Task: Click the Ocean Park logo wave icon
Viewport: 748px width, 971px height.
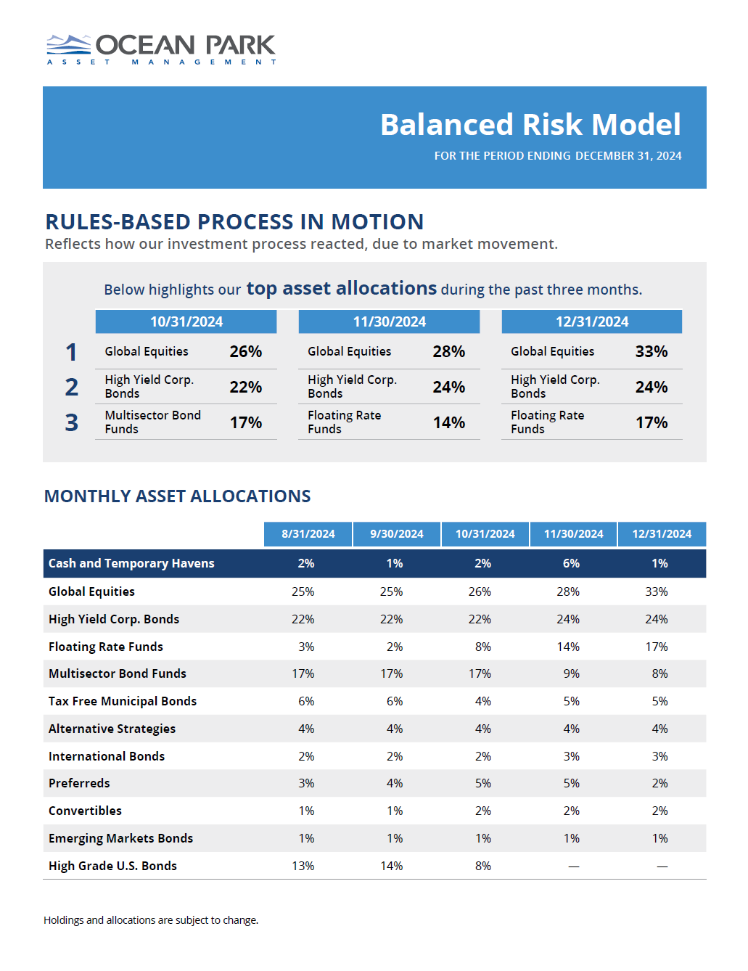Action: coord(69,44)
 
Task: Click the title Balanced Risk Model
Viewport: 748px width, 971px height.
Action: coord(530,125)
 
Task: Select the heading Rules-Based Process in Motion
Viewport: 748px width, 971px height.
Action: coord(234,221)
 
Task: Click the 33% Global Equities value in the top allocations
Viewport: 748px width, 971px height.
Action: coord(651,351)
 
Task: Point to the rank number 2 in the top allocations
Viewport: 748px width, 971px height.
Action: coord(71,387)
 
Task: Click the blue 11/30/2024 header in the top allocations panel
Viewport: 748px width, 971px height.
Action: coord(389,321)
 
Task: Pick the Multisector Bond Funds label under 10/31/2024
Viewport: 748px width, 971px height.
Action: coord(152,422)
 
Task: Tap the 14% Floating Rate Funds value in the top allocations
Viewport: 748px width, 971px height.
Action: coord(448,422)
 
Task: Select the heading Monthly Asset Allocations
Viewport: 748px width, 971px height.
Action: coord(177,496)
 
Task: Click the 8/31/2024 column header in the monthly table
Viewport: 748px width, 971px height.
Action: coord(308,534)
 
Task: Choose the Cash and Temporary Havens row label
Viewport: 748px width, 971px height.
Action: coord(131,563)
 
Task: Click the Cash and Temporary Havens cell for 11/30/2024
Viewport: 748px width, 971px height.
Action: coord(571,563)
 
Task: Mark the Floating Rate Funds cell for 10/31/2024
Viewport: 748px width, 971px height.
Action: coord(482,647)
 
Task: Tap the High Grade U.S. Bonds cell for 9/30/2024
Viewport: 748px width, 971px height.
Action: coord(391,866)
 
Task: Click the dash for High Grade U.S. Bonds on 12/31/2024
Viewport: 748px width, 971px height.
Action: coord(662,866)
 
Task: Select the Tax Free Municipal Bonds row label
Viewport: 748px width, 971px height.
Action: coord(123,701)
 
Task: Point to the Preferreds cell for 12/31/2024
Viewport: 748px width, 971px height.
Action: coord(659,783)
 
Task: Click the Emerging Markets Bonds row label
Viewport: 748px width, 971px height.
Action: coord(120,838)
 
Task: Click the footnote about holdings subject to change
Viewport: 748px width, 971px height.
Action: coord(151,920)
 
